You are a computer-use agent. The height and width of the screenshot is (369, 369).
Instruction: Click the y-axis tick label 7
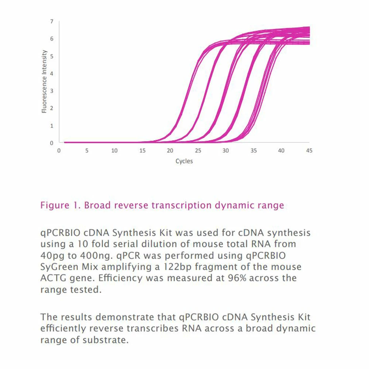coord(52,21)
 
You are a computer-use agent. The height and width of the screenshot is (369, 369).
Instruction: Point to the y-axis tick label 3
coord(52,91)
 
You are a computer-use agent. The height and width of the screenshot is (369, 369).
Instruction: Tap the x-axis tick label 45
coord(309,151)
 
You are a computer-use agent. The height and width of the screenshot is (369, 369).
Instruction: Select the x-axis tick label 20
coord(170,151)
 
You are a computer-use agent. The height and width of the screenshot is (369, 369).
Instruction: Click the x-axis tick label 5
coord(87,151)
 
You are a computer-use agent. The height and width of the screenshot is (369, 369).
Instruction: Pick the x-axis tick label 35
coord(254,151)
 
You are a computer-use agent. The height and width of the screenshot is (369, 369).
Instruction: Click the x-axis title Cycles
coord(184,161)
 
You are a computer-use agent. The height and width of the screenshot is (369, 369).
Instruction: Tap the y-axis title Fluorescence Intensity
coord(44,82)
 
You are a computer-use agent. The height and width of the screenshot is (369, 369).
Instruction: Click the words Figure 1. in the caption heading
coord(61,205)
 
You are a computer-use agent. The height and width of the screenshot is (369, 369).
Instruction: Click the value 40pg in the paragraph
coord(52,256)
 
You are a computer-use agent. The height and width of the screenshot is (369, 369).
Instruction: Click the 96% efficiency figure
coord(237,278)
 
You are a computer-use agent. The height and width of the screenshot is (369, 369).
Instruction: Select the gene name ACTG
coord(54,278)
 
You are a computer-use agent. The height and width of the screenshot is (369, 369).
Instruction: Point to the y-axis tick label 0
coord(52,143)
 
